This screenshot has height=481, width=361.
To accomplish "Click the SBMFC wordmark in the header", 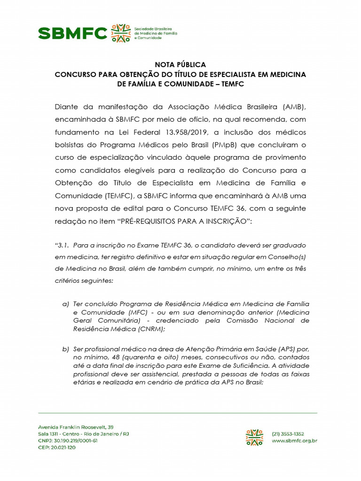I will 72,33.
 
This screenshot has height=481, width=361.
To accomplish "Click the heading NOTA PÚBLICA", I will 180,65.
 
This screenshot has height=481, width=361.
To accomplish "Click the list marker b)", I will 66,349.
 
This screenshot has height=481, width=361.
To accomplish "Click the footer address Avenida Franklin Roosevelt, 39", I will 76,427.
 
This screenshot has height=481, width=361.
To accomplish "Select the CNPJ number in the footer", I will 68,441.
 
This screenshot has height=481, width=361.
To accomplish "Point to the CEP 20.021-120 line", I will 57,447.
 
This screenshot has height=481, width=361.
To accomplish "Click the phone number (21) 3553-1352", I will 289,434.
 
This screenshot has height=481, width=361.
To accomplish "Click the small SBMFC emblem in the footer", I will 254,437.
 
